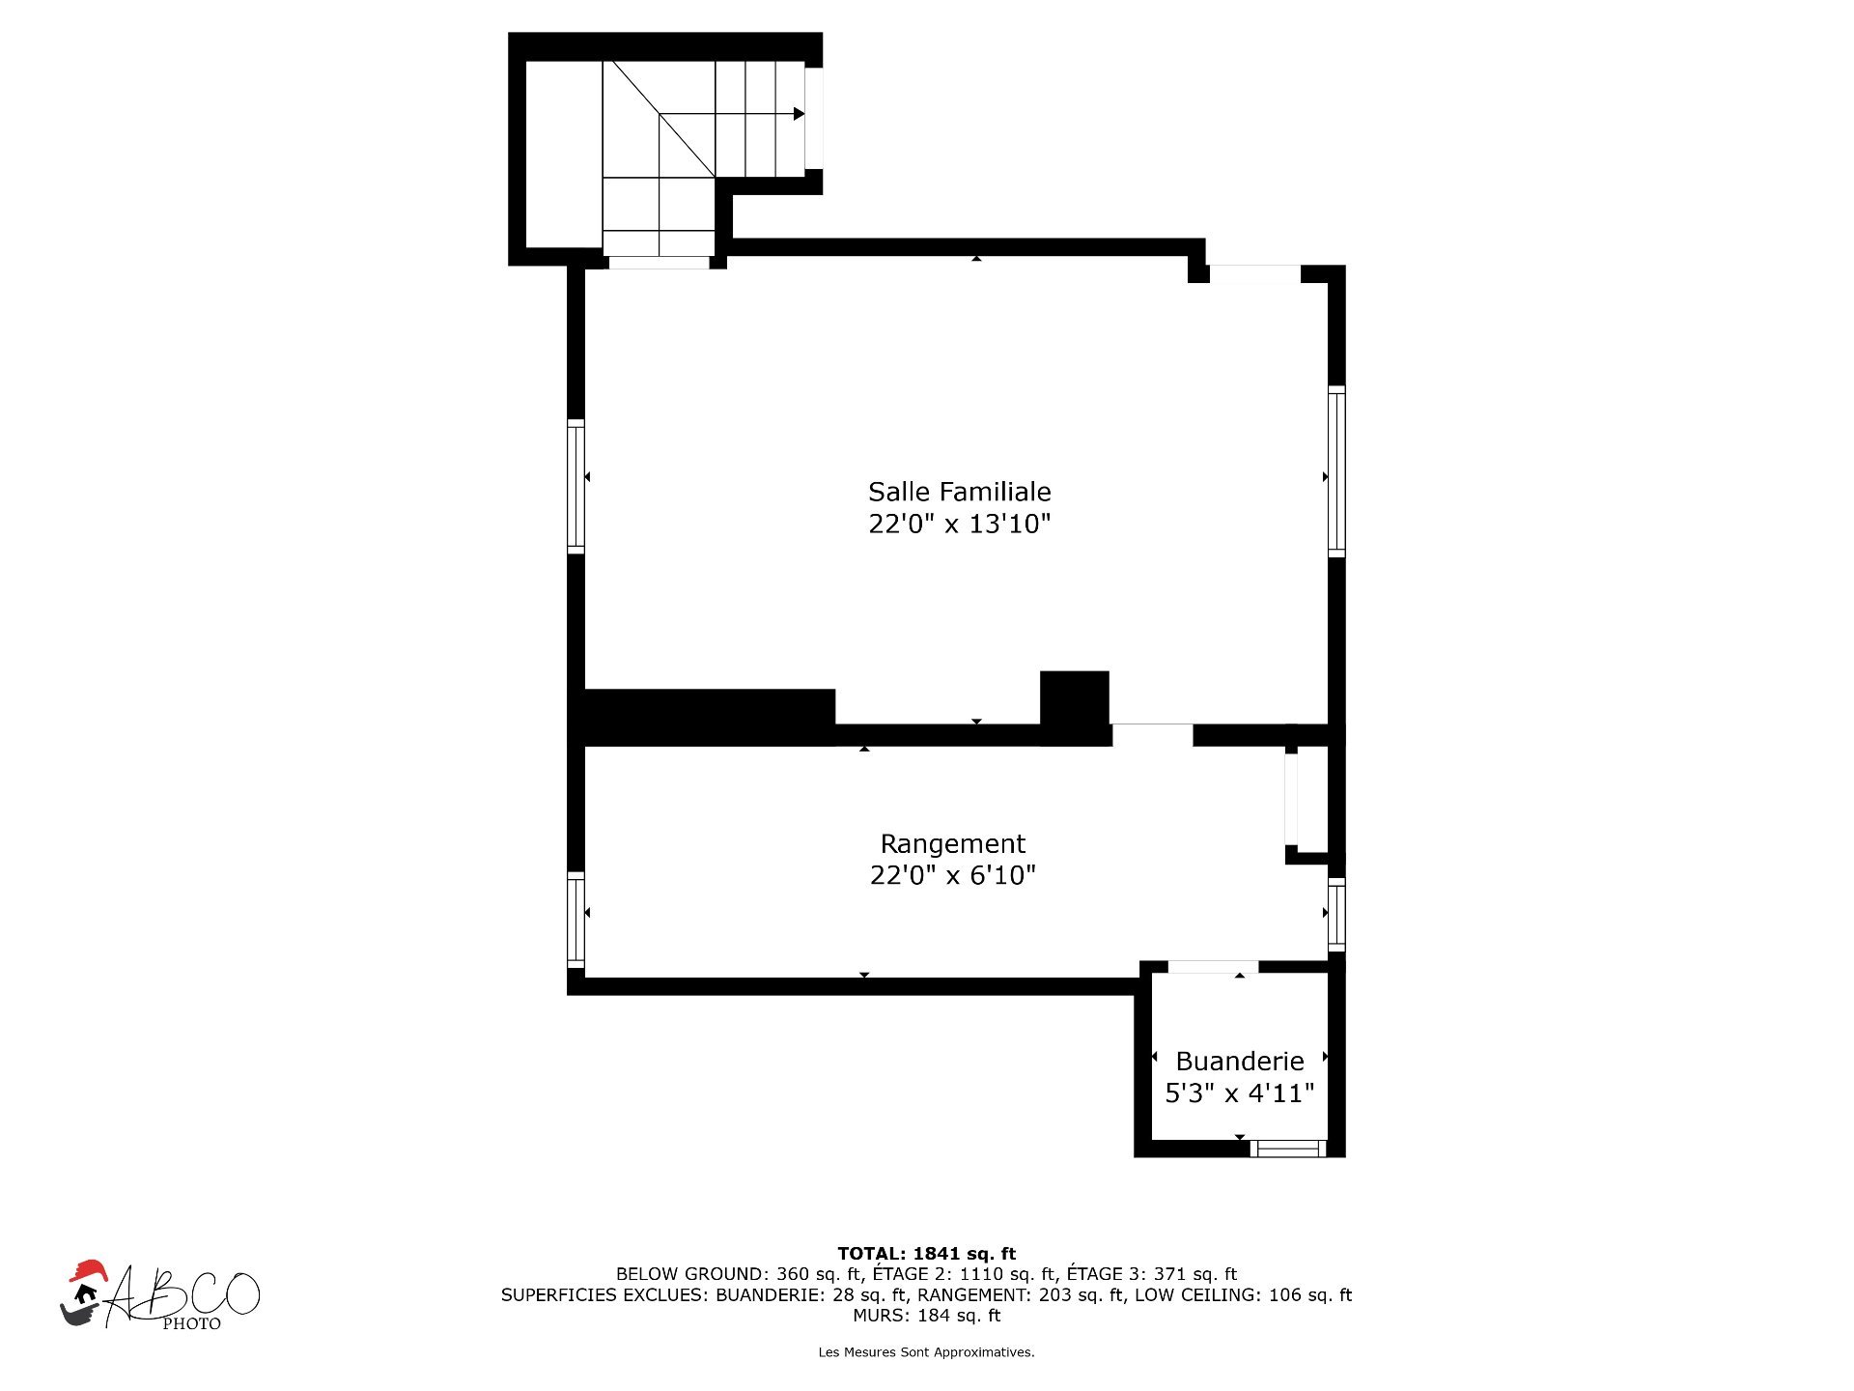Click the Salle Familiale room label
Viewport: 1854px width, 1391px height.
tap(959, 492)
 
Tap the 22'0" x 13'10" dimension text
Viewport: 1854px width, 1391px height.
tap(959, 525)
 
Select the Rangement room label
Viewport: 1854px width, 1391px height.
tap(952, 844)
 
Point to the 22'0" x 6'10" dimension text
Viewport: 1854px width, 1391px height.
tap(952, 876)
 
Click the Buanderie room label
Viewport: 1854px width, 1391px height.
tap(1240, 1062)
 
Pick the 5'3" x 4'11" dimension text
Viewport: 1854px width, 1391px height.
tap(1240, 1093)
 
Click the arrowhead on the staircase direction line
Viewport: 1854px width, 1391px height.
tap(799, 114)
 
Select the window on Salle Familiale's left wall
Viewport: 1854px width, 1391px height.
tap(576, 487)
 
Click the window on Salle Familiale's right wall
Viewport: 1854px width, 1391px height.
tap(1336, 471)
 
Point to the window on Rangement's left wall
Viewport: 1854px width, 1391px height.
tap(576, 920)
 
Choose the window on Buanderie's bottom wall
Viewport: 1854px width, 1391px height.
tap(1288, 1149)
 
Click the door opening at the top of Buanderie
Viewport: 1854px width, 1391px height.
tap(1213, 967)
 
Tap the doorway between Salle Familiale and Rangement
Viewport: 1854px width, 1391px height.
tap(1152, 735)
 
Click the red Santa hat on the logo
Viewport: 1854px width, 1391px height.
tap(87, 1271)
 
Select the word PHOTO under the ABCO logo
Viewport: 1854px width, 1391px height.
tap(191, 1324)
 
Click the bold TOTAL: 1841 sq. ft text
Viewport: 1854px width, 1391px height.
tap(926, 1254)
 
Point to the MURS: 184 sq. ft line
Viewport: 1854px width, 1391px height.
tap(926, 1316)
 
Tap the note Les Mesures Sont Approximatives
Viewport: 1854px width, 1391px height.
tap(926, 1352)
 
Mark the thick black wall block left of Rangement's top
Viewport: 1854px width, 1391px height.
tap(710, 717)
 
